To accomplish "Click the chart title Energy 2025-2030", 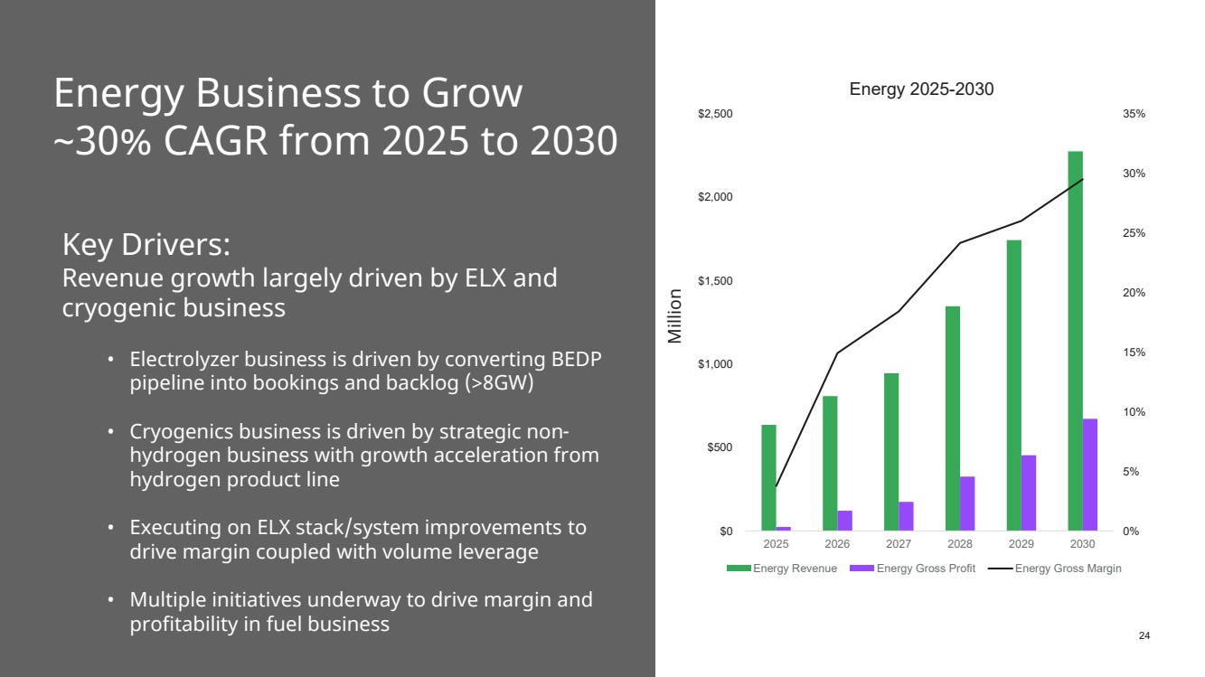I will [921, 89].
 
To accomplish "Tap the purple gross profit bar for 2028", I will [967, 503].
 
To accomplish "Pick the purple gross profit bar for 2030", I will [1090, 475].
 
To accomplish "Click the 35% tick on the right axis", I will [1134, 114].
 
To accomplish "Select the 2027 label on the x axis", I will [899, 544].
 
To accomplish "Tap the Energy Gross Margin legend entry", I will [1068, 569].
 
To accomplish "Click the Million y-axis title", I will [674, 315].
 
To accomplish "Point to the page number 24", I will [1144, 636].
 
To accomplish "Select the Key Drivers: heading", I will [146, 244].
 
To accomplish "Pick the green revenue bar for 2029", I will [1013, 385].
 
